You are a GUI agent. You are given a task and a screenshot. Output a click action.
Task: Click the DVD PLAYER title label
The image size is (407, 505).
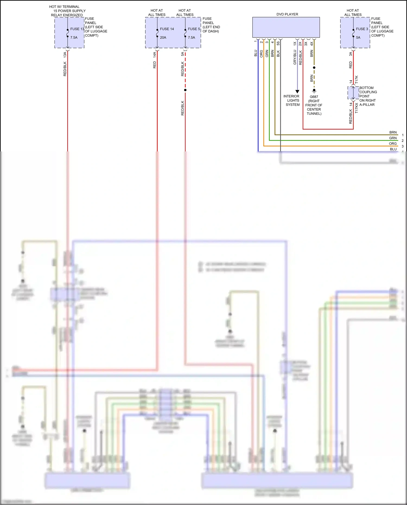287,14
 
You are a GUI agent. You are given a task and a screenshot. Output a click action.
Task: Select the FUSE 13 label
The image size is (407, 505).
77,29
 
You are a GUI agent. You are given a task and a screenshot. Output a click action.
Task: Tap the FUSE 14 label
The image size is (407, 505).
167,29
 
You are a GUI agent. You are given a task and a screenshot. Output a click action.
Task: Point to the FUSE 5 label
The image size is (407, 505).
194,29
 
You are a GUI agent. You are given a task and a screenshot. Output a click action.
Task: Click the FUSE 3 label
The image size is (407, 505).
362,29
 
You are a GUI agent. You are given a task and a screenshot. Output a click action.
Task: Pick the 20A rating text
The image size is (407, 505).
163,38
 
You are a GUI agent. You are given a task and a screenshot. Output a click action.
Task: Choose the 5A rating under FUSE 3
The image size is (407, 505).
358,38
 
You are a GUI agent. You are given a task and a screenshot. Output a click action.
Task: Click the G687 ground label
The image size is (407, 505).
314,97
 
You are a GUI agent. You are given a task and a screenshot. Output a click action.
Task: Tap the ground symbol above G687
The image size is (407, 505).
314,91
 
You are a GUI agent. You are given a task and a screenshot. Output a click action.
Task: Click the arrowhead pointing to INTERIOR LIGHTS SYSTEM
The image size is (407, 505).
297,91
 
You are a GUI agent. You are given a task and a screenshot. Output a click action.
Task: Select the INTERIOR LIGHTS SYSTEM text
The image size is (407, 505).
292,100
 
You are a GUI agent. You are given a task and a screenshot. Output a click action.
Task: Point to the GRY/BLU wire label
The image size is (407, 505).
295,57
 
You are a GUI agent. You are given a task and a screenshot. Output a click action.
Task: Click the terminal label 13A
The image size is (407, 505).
65,55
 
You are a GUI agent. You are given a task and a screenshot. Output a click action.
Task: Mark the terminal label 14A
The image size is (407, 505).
155,55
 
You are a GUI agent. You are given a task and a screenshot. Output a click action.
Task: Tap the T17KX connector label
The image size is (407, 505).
357,108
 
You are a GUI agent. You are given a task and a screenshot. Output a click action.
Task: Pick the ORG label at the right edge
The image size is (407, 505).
393,144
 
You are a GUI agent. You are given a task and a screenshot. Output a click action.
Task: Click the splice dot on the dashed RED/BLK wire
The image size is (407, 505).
185,90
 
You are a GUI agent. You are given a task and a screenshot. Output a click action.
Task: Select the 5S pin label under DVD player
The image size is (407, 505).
278,43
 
